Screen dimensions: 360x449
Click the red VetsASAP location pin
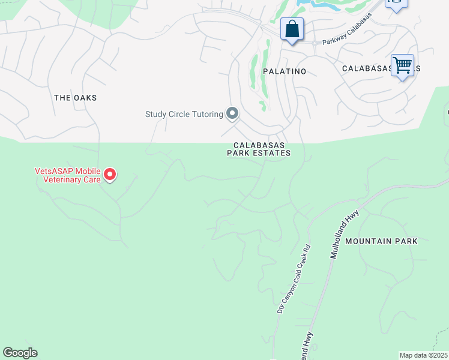[x=110, y=175]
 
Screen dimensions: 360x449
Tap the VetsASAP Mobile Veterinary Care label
[x=67, y=175]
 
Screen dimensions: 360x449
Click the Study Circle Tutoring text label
[x=184, y=114]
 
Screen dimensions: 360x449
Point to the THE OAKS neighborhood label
[x=75, y=98]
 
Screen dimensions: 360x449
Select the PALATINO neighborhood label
[x=285, y=71]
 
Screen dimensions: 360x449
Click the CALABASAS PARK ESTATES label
[x=259, y=149]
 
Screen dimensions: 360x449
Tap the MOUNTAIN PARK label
[x=381, y=241]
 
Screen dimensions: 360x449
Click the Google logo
[x=20, y=353]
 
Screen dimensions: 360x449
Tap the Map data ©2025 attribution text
[x=423, y=355]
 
